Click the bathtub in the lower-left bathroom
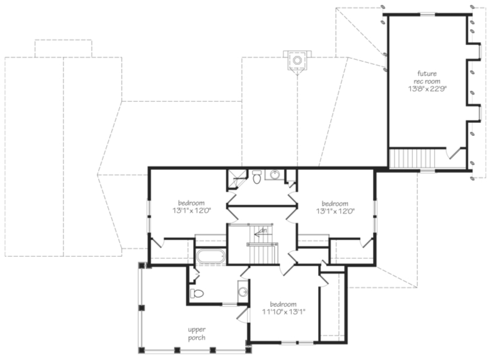[x=211, y=257]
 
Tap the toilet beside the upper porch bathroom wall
[x=197, y=293]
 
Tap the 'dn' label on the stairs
[x=262, y=231]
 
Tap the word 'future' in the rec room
[x=426, y=72]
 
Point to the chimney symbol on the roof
[x=297, y=61]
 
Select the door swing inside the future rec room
[x=455, y=153]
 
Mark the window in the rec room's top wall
[x=426, y=14]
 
